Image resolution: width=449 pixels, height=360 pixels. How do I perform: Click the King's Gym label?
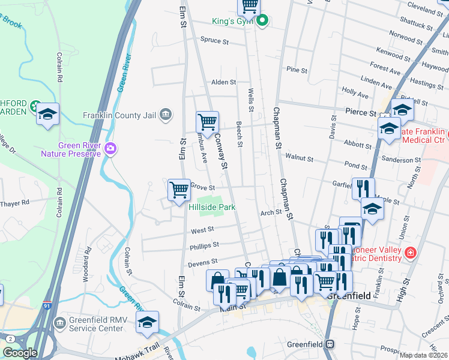[233, 22]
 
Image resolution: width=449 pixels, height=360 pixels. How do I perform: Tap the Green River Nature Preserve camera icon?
[110, 148]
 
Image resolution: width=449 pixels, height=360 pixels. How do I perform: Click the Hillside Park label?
[211, 207]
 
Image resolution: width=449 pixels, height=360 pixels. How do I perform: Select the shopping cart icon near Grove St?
[179, 190]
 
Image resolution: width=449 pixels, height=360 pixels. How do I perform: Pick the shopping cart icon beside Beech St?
[207, 122]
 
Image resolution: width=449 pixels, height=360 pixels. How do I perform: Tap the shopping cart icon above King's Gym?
[249, 6]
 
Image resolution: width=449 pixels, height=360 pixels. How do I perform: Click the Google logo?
[20, 352]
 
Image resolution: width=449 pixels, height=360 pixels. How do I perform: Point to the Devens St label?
[202, 262]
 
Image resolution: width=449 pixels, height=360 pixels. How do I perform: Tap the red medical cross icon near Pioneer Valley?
[411, 253]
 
